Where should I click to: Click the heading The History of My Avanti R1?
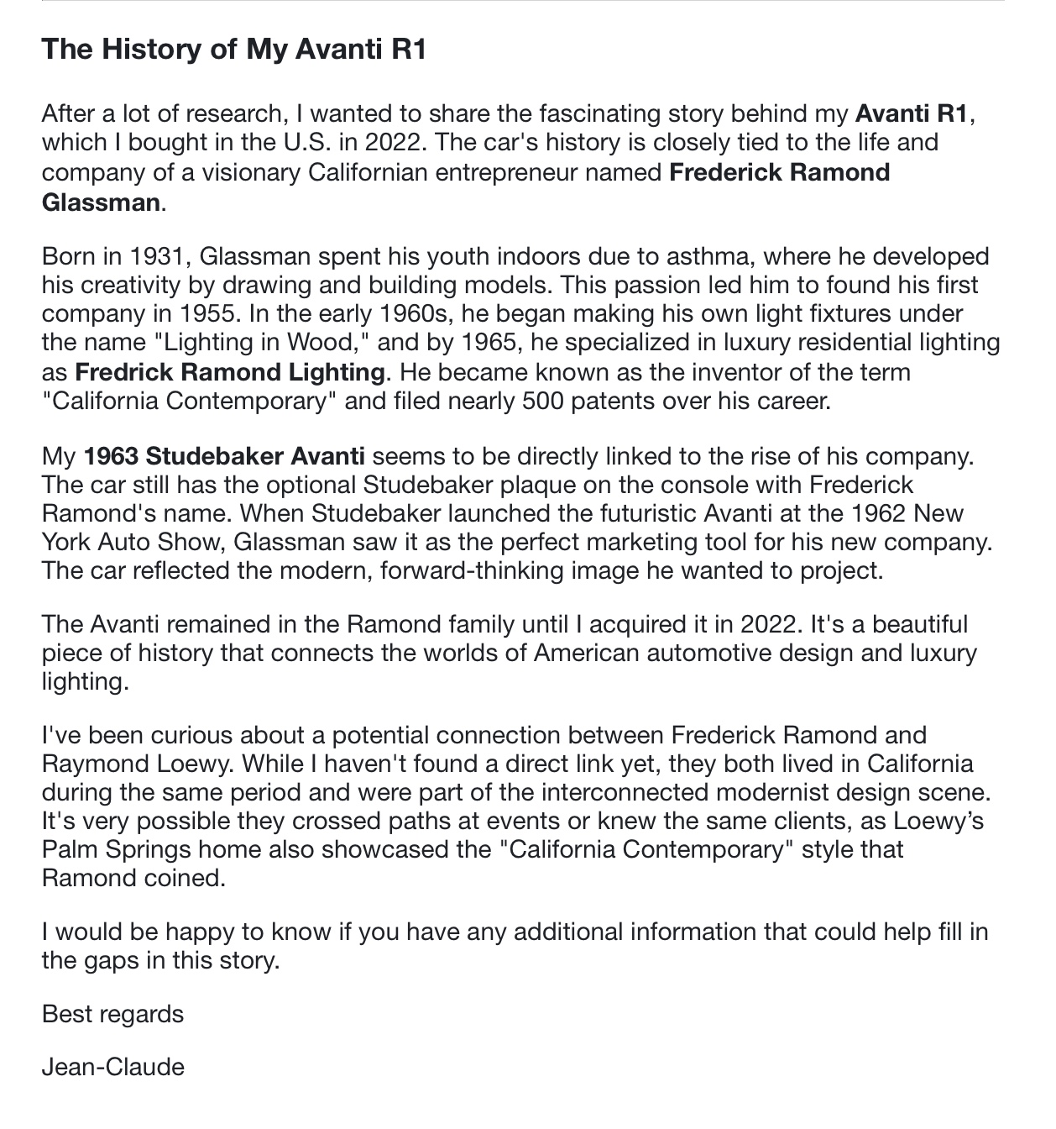coord(234,49)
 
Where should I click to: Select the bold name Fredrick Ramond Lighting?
coord(229,372)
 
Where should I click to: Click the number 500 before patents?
coord(544,401)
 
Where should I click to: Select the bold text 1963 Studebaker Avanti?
coord(224,457)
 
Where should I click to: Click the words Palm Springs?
coord(116,849)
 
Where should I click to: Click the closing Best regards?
coord(112,1014)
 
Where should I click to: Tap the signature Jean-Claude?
coord(113,1068)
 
